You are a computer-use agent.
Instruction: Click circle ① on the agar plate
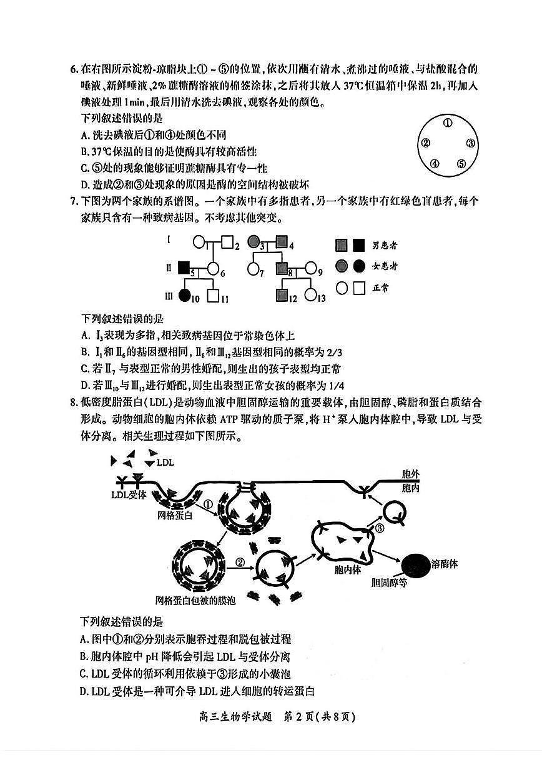pos(447,123)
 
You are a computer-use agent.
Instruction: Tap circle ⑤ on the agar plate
pos(461,164)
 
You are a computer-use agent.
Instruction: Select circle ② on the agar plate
pos(425,143)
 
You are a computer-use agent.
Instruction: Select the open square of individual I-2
pos(228,241)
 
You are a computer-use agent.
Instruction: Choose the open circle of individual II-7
pos(254,269)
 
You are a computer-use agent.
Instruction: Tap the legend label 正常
pos(380,288)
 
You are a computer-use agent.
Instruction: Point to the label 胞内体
pos(348,570)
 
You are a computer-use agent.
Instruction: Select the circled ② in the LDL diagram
pos(240,562)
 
